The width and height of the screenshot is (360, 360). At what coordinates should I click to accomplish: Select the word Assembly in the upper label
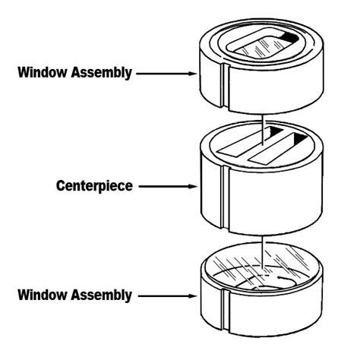tap(105, 74)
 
